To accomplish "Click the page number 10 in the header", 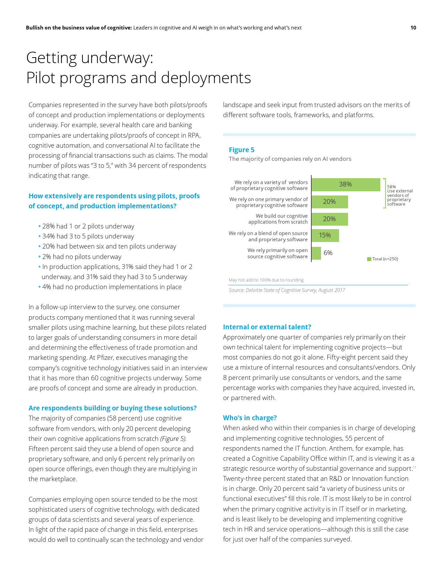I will click(x=413, y=28).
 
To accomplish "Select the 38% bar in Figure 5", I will click(x=346, y=184).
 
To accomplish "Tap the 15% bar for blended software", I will click(x=325, y=235).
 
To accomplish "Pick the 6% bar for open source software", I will click(x=316, y=253).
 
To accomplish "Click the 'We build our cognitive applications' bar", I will click(x=329, y=219).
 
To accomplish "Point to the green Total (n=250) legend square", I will click(x=369, y=259).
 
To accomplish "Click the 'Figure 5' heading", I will click(x=242, y=150).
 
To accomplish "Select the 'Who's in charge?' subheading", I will click(x=250, y=418).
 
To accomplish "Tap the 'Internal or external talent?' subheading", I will click(x=267, y=327).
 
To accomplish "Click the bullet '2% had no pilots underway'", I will click(x=82, y=257).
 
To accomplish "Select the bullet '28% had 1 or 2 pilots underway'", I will click(x=88, y=226).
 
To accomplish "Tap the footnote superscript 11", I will click(x=414, y=467).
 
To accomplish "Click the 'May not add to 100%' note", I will click(x=266, y=280).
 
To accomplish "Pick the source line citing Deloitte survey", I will click(x=287, y=290).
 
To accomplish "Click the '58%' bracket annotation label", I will click(x=391, y=187).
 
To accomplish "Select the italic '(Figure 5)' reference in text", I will click(x=173, y=439).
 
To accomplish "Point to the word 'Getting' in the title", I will click(x=51, y=58).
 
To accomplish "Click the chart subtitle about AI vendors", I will click(x=290, y=159).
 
